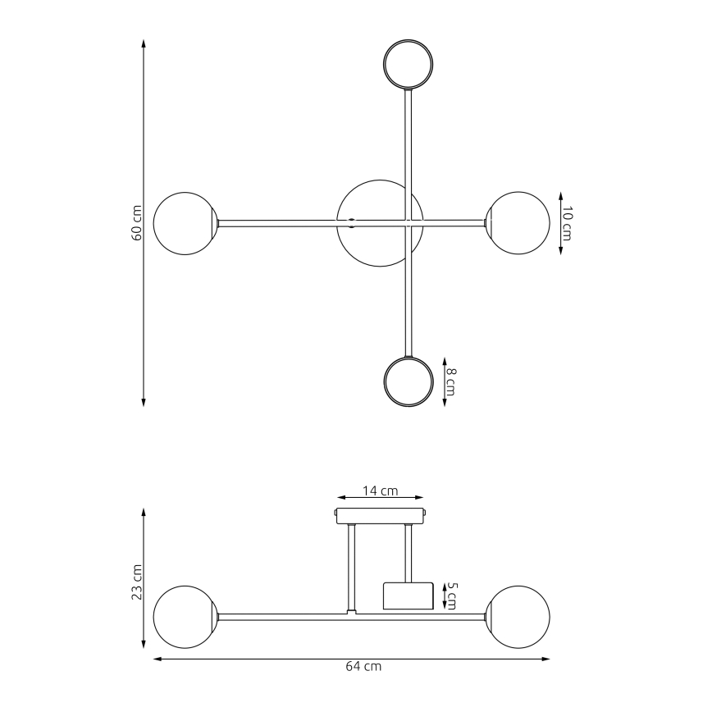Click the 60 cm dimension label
pos(137,222)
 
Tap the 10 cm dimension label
pos(567,222)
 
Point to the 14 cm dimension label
pos(381,491)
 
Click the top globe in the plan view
pos(409,64)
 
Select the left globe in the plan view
pos(185,222)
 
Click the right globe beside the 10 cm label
pos(518,222)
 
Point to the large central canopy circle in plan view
pos(373,222)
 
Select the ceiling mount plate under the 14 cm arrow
pos(381,516)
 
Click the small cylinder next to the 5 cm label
pos(408,596)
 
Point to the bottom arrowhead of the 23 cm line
pos(144,644)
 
